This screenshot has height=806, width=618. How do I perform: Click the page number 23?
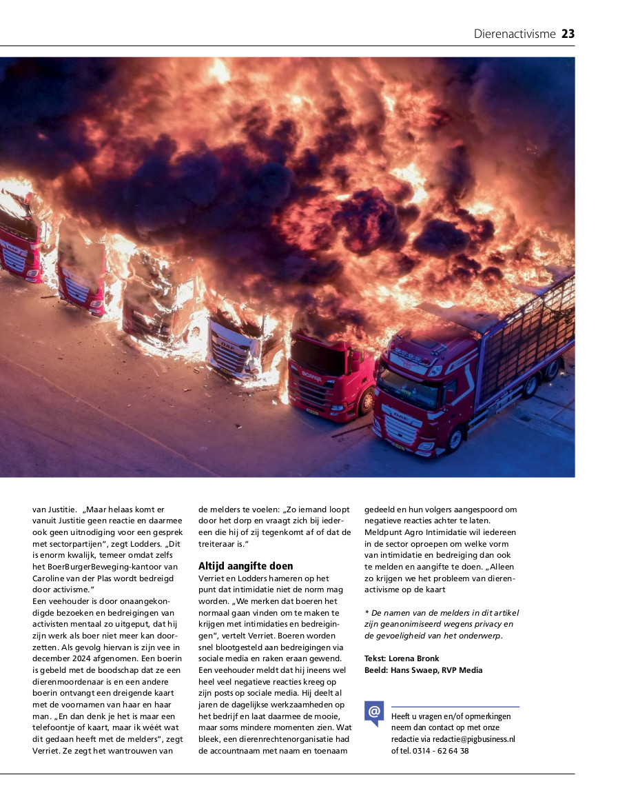point(568,34)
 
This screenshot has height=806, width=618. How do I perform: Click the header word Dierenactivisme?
point(514,34)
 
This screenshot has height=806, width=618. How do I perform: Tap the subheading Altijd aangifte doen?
point(245,566)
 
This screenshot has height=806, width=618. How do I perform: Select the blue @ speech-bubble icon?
point(374,712)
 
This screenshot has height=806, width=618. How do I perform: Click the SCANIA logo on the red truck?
point(311,376)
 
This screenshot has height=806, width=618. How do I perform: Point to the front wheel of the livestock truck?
point(454,440)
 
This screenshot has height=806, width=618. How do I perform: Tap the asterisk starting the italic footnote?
point(367,613)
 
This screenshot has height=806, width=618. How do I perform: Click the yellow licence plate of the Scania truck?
point(311,412)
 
